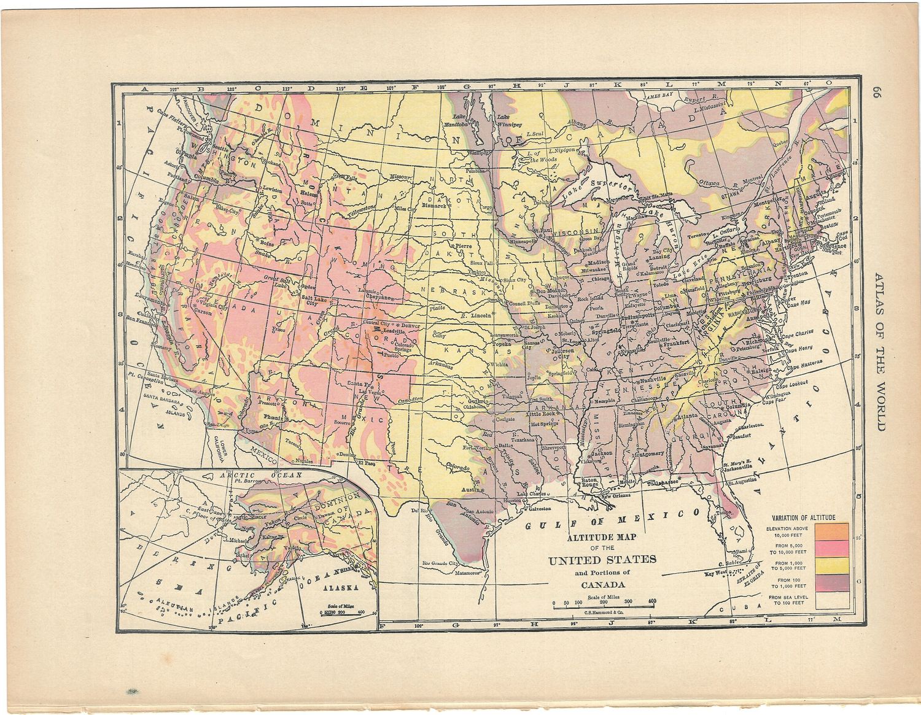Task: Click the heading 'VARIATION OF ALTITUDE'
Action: coord(807,517)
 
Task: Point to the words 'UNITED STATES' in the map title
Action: coord(602,559)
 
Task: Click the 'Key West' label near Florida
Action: coord(720,573)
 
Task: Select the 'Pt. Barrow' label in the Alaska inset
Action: coord(245,482)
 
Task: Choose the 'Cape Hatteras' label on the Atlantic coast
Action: coord(804,367)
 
